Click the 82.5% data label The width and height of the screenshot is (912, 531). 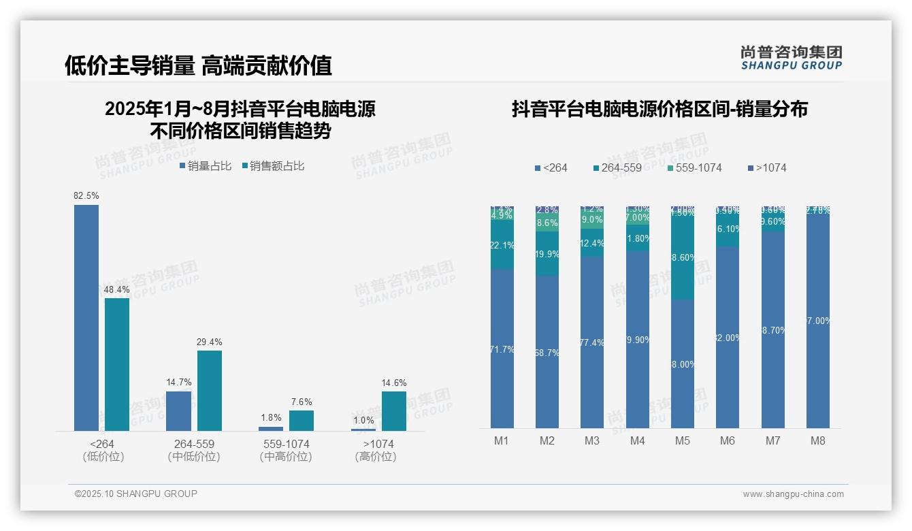coord(86,195)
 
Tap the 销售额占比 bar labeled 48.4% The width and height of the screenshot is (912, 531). coord(117,364)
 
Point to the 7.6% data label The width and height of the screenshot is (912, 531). coord(302,402)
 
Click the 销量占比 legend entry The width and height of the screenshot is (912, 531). coord(206,165)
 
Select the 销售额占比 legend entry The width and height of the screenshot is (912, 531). coord(273,165)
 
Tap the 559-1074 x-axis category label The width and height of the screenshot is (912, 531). coord(286,444)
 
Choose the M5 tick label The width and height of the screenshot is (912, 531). coord(683,440)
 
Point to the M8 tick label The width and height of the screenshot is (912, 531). coord(818,440)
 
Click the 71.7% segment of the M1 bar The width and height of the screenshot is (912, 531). coord(502,349)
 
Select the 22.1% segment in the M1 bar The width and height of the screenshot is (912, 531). coord(502,245)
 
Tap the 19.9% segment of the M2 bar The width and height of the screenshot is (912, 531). coord(547,253)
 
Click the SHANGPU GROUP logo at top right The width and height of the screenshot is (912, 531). coord(792,58)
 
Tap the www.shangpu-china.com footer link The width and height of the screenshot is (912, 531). coord(793,494)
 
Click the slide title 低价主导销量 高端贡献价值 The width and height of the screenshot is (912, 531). coord(198,65)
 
